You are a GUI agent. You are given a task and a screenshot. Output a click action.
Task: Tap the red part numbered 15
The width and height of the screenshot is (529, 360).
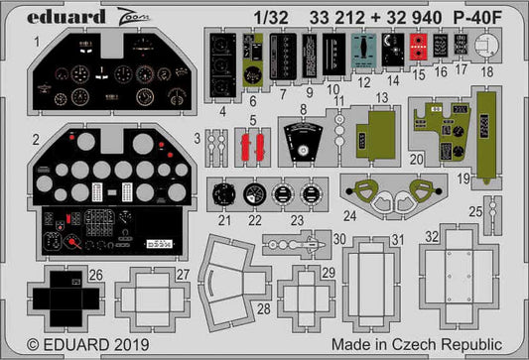coord(420,45)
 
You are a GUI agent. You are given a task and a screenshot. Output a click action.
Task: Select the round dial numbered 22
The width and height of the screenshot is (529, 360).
coord(254,194)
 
